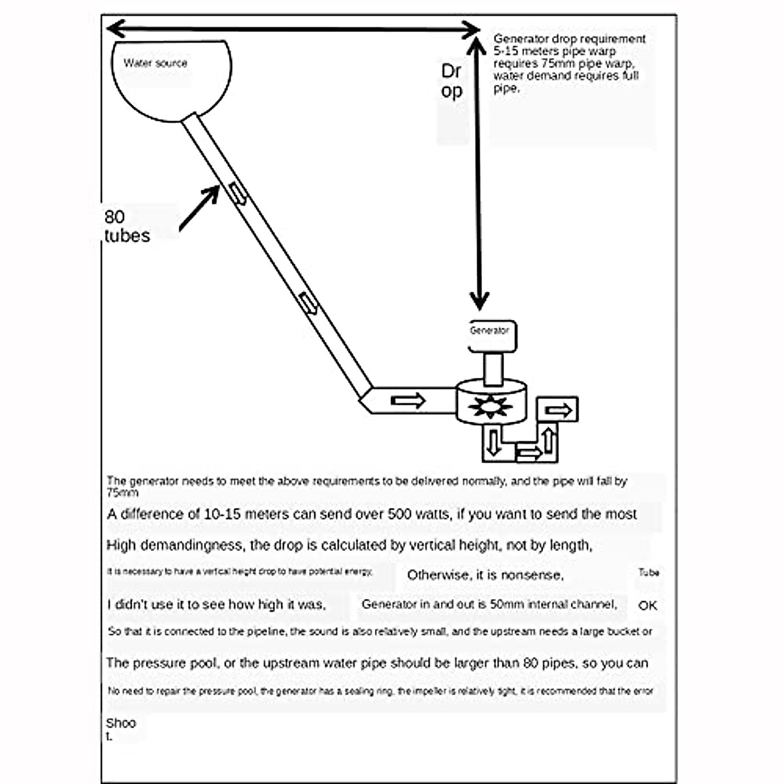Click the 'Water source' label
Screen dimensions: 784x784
point(155,63)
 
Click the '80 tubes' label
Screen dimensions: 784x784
point(126,226)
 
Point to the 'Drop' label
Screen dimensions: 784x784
point(451,81)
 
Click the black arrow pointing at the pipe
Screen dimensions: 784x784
point(199,208)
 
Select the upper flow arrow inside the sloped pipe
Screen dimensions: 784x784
point(238,194)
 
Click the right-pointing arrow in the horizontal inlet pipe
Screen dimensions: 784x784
point(408,400)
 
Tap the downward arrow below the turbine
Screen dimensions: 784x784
point(493,442)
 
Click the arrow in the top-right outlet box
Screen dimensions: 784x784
point(559,410)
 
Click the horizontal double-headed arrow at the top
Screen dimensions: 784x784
point(294,29)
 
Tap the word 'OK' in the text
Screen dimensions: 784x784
point(647,606)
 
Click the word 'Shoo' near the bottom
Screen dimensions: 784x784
point(121,723)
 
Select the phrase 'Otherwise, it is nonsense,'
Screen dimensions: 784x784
point(485,576)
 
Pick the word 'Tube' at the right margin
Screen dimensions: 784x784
point(649,572)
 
